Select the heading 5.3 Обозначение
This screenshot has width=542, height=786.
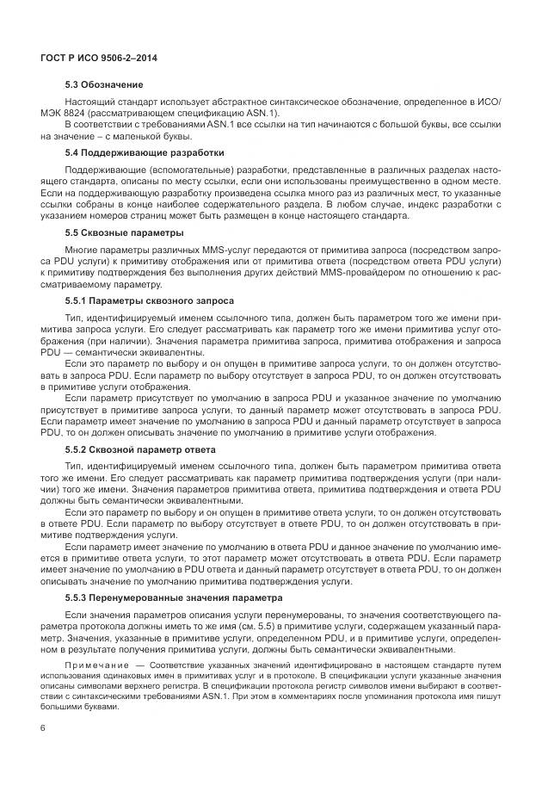tap(104, 84)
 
